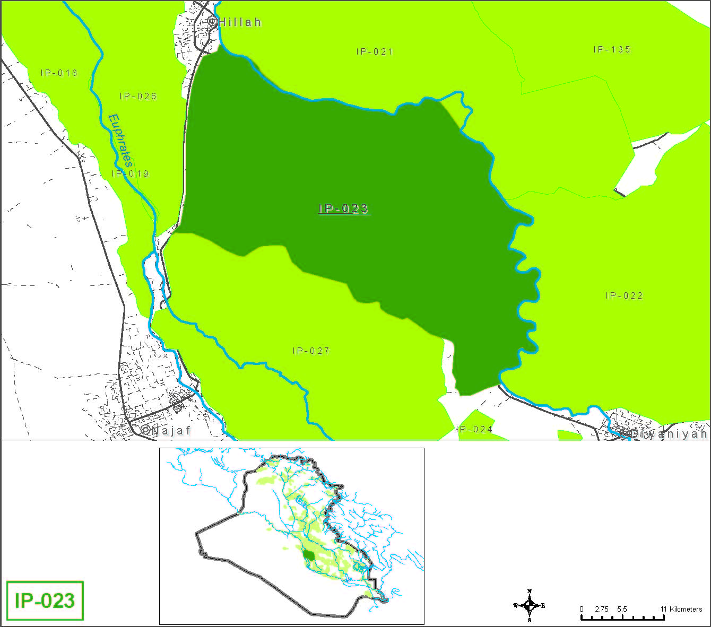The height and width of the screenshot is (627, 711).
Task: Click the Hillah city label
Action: [x=240, y=22]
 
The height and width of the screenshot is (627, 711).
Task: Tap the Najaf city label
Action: [x=171, y=431]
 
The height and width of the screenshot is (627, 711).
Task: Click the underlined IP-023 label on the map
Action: [x=344, y=208]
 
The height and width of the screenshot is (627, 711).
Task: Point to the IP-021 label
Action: [x=375, y=51]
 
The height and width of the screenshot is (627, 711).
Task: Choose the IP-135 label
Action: [x=612, y=49]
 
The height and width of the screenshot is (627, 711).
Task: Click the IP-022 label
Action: [x=624, y=295]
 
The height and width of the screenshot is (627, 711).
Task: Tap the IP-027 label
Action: [x=311, y=351]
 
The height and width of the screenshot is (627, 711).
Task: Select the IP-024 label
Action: [x=475, y=429]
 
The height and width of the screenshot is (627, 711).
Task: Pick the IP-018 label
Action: [x=59, y=73]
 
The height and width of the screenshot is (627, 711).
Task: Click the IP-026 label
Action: [x=138, y=96]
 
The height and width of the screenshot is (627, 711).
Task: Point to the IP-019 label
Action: [x=130, y=173]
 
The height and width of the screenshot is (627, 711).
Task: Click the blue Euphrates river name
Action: [x=120, y=141]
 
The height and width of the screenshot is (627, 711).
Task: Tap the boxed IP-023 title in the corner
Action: [x=45, y=600]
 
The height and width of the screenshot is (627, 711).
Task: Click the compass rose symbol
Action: [x=530, y=605]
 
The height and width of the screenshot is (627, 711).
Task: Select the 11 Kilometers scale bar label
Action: [x=681, y=609]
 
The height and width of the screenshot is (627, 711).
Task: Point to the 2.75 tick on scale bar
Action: [x=602, y=609]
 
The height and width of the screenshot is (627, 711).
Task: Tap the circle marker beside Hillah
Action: [x=212, y=22]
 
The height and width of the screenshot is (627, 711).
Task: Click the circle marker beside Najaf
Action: [x=146, y=430]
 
